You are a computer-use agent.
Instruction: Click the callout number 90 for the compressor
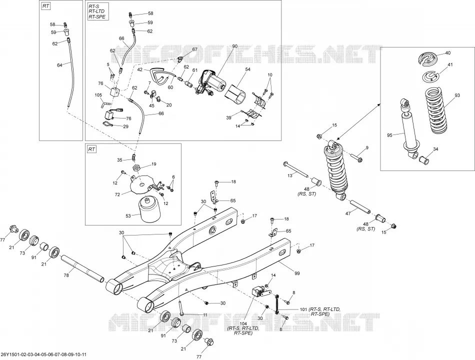point(235,46)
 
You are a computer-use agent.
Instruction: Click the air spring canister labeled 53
point(148,211)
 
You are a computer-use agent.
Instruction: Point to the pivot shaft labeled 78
point(82,268)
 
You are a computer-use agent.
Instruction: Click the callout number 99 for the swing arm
point(297,273)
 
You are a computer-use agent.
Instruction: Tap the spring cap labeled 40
point(428,58)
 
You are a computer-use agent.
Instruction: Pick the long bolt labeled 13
point(295,169)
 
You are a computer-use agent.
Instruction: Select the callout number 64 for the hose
point(59,65)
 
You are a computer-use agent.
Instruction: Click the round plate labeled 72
point(142,184)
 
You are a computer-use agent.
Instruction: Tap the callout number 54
point(248,69)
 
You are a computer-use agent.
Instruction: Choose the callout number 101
point(303,309)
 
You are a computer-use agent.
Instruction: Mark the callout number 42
point(139,69)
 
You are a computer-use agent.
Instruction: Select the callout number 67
point(194,49)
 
